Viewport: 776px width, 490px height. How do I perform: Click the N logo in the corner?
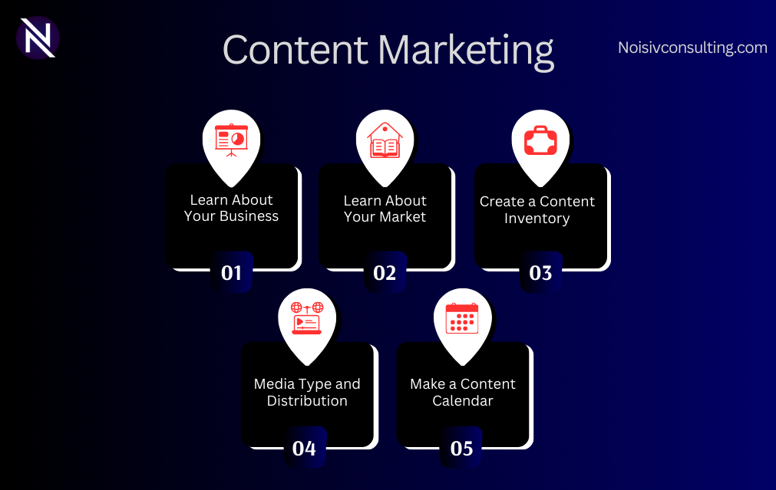(38, 38)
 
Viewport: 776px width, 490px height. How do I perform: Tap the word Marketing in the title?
(466, 52)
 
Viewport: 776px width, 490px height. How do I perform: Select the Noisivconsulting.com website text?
(692, 48)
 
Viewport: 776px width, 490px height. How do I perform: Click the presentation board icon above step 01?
(231, 140)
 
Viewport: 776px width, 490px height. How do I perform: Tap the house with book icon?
(385, 140)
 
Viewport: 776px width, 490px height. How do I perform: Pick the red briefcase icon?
(540, 140)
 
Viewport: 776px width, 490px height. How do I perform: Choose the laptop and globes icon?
(307, 318)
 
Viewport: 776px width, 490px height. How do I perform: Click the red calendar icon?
(462, 318)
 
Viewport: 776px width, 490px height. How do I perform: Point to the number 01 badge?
(232, 272)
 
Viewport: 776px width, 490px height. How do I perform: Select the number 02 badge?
(385, 272)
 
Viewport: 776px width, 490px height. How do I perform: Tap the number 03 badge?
(540, 272)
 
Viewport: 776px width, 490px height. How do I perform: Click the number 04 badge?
(305, 448)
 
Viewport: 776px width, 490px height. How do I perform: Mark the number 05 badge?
(461, 448)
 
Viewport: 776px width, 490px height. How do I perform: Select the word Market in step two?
(402, 216)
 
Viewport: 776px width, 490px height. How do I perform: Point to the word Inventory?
(537, 219)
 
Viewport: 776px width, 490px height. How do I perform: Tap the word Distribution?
(307, 400)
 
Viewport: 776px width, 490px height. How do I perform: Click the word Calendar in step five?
(463, 400)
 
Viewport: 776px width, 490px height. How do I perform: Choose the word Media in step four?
(274, 383)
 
